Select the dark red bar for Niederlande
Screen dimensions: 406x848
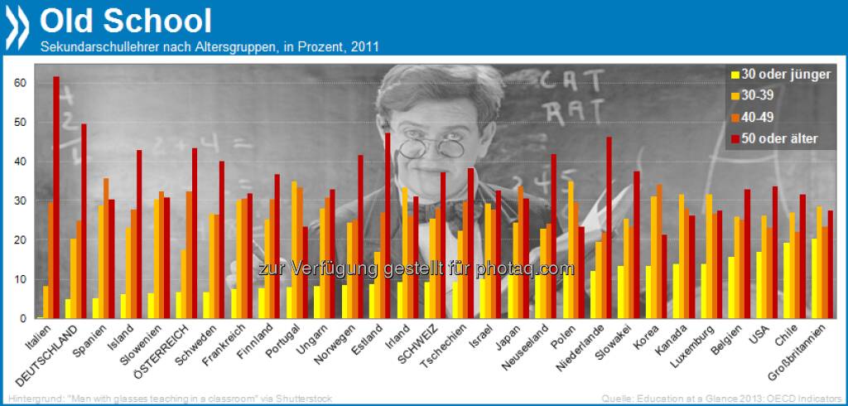609,227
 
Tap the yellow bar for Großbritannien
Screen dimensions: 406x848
814,278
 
